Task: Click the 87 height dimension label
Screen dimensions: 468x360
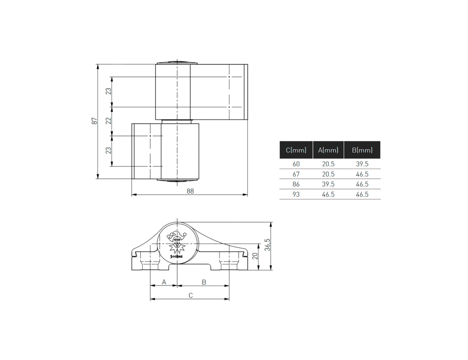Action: [x=94, y=121]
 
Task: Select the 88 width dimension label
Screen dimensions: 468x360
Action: [x=190, y=191]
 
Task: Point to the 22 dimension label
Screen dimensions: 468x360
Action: [x=108, y=120]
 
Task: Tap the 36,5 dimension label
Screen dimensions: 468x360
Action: [x=267, y=245]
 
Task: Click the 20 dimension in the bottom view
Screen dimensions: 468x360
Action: [x=255, y=256]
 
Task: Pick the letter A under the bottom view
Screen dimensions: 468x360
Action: [x=164, y=282]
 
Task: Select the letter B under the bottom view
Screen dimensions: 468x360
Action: [x=204, y=282]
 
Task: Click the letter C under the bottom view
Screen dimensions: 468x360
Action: [x=191, y=295]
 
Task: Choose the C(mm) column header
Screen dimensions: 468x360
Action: [x=296, y=150]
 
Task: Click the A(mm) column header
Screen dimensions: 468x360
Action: [x=328, y=150]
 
